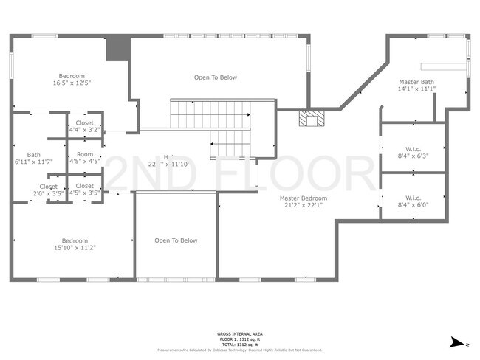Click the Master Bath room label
416,82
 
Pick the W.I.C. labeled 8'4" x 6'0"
412,198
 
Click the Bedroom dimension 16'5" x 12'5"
72,83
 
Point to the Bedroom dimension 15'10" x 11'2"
75,248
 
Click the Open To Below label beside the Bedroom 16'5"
216,77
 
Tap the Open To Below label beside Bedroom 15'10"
176,240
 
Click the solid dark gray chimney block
117,49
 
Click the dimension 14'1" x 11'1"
416,89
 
